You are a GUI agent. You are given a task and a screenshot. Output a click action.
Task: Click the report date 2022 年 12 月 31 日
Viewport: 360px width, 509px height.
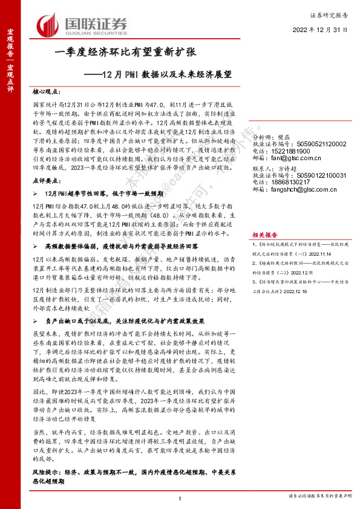pyautogui.click(x=321, y=28)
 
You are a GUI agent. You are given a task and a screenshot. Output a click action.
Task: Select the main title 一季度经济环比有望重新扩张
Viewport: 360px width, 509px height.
pyautogui.click(x=126, y=53)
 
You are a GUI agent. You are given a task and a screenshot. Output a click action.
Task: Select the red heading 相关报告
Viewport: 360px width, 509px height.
pyautogui.click(x=265, y=234)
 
